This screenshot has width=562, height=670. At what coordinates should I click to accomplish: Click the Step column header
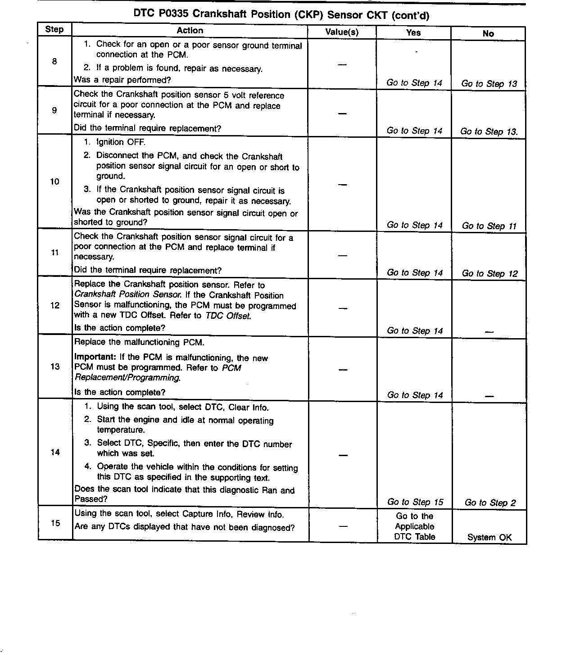pos(54,30)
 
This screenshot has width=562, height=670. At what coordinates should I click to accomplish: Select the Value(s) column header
pos(342,32)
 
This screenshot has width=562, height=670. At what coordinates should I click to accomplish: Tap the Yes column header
pos(413,32)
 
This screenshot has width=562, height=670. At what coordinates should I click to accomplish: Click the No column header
pos(488,33)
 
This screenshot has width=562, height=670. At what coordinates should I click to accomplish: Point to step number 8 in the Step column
pos(54,61)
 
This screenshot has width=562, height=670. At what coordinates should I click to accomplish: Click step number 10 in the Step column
pos(54,181)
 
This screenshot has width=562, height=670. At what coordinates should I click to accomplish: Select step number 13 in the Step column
pos(55,367)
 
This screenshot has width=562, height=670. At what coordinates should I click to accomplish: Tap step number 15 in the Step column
pos(55,523)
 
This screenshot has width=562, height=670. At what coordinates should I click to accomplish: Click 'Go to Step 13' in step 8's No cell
pos(489,84)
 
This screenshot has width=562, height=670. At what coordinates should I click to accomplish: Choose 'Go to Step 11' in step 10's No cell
pos(489,226)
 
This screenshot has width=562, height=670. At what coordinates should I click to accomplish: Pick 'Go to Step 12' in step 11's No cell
pos(489,274)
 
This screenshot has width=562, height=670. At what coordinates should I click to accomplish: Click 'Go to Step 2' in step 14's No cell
pos(490,503)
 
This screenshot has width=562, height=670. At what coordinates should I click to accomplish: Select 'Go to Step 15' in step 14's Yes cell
pos(415,502)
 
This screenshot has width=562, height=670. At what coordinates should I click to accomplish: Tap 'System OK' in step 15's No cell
pos(489,537)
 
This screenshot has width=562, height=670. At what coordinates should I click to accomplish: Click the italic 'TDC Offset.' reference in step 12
pos(228,316)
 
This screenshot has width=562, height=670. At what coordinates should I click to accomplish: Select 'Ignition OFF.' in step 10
pos(121,142)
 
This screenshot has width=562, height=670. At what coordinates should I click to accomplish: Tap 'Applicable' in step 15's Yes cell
pos(414,526)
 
